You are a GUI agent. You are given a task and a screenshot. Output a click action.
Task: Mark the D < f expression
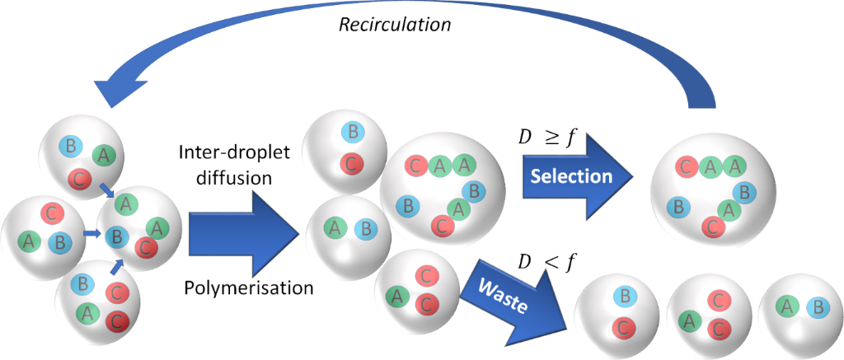pos(545,263)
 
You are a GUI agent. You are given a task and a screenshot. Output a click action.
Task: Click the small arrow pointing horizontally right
pos(90,235)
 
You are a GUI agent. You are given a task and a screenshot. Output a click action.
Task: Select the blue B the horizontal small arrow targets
pos(117,237)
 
